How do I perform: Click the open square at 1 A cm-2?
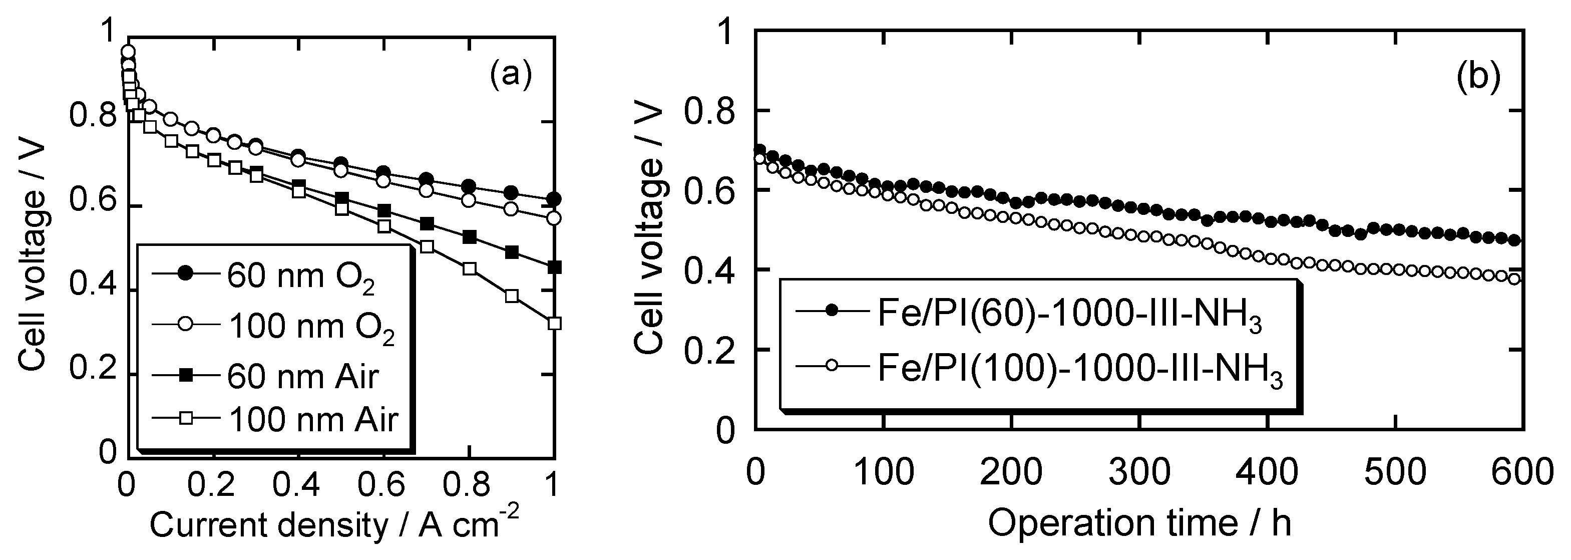point(554,323)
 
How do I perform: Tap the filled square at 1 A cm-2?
point(554,267)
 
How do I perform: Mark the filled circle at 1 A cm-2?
point(554,199)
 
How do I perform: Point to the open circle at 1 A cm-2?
point(554,218)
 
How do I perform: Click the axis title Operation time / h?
point(1139,523)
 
